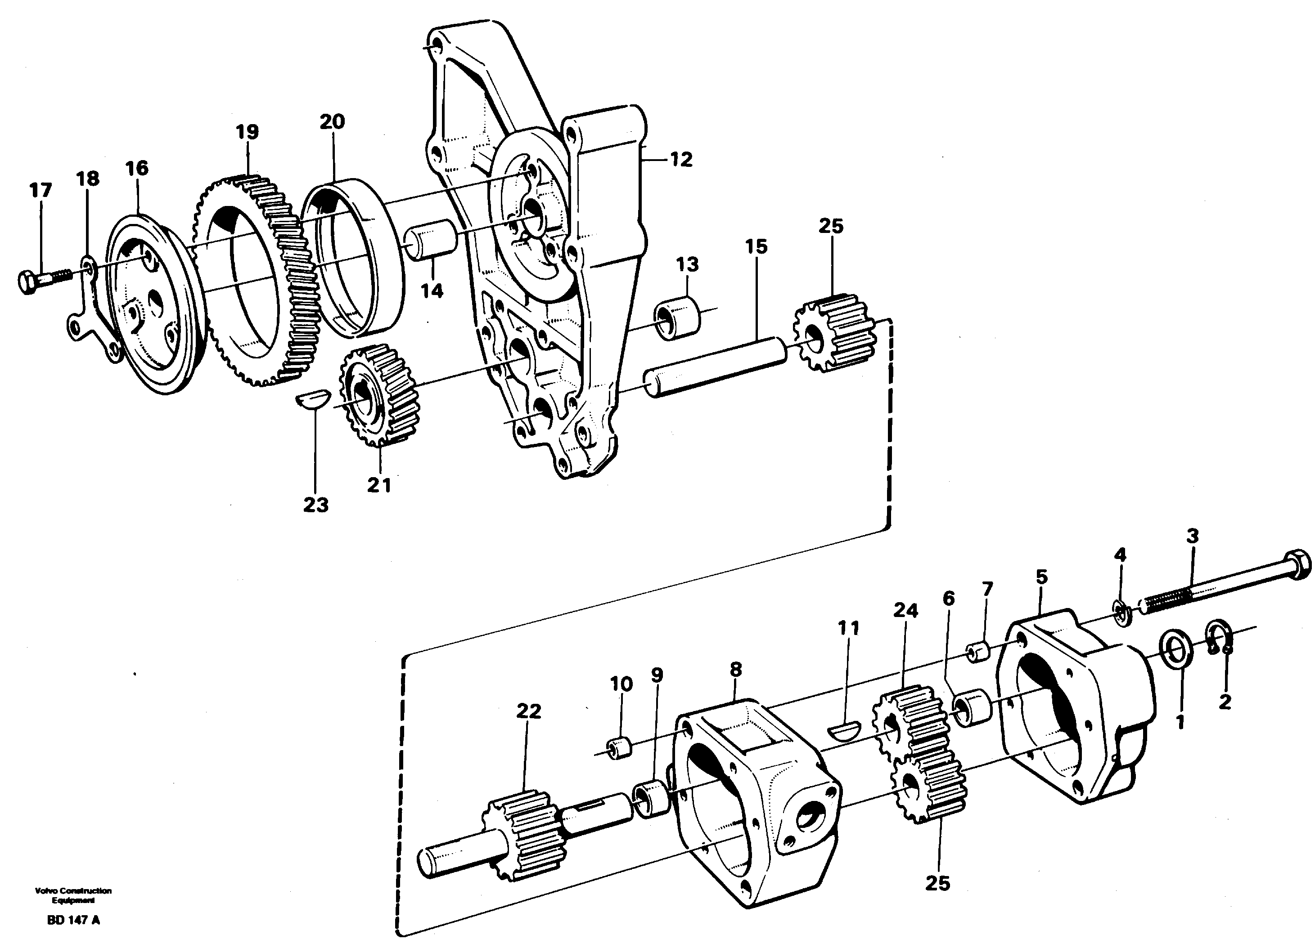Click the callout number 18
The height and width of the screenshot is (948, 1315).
click(88, 179)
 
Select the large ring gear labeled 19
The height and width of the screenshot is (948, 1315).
click(255, 278)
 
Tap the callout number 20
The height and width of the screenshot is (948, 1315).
click(332, 122)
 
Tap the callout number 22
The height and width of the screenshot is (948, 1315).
click(528, 711)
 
